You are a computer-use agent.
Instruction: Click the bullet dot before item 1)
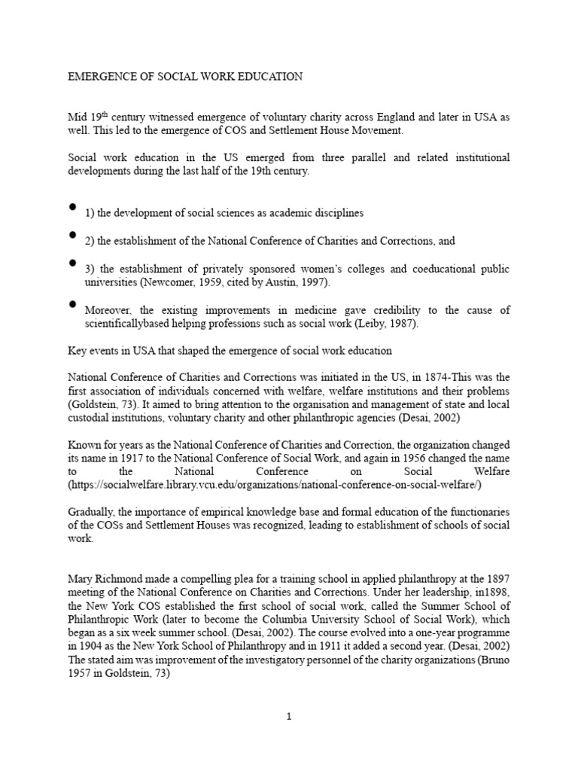pyautogui.click(x=72, y=206)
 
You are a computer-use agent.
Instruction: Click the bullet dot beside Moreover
pyautogui.click(x=72, y=303)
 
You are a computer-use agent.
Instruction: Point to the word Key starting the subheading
pyautogui.click(x=78, y=351)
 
